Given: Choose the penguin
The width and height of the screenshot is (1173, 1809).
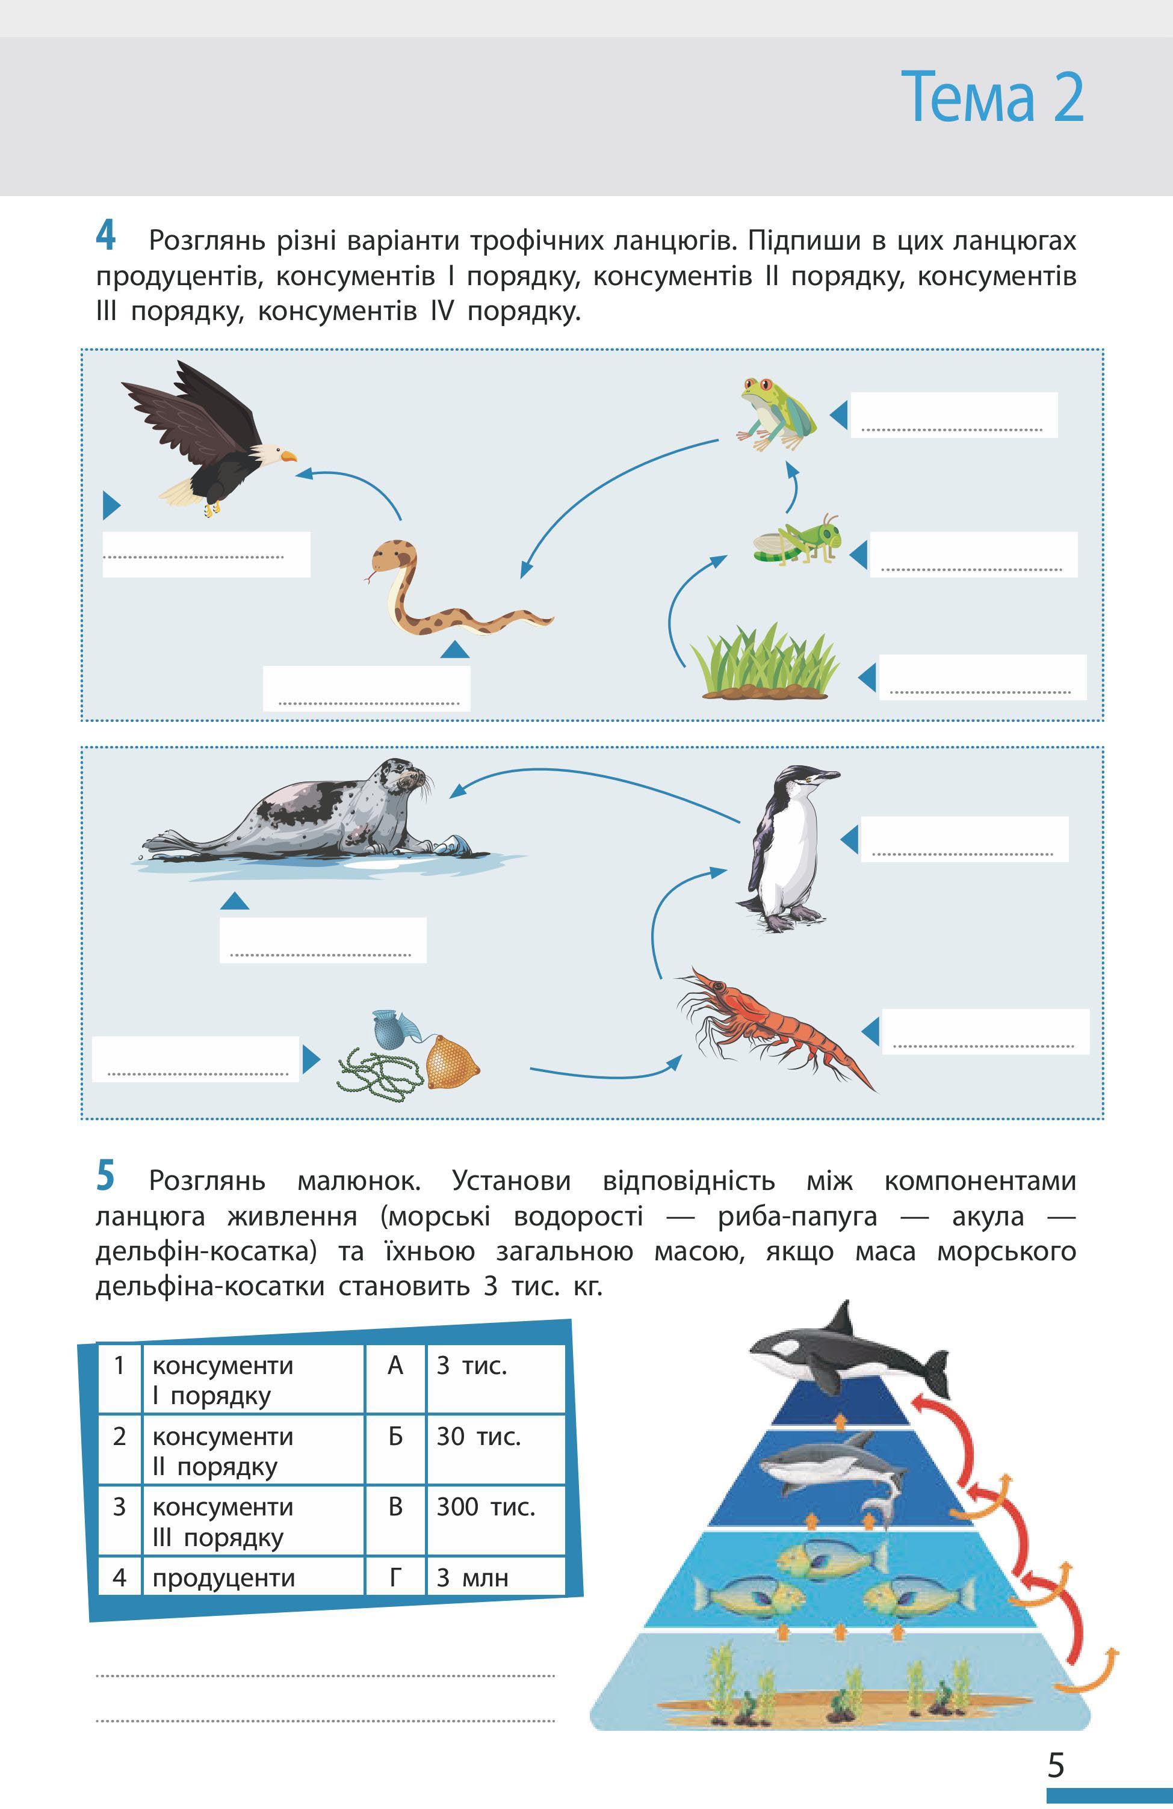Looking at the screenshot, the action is tap(787, 848).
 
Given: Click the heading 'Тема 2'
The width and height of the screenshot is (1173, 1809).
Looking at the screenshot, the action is tap(992, 96).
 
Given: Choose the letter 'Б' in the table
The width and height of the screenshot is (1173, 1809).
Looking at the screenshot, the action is tap(395, 1436).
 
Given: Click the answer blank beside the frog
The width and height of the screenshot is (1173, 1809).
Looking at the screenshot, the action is tap(953, 415).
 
